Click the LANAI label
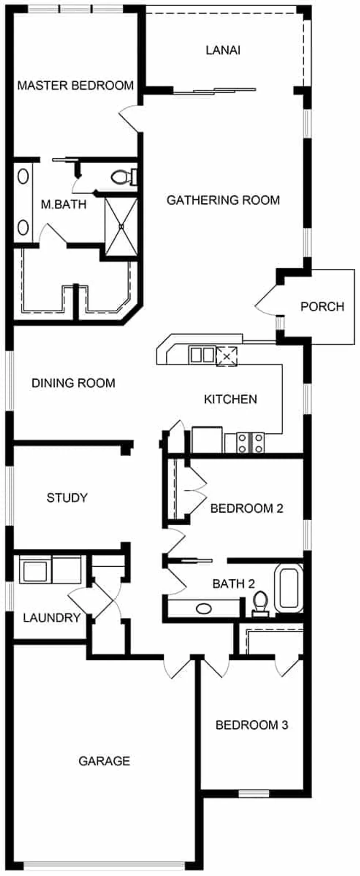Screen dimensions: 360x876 pyautogui.click(x=223, y=50)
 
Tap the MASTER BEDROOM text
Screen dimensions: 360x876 pyautogui.click(x=75, y=85)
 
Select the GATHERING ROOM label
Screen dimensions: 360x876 pyautogui.click(x=223, y=200)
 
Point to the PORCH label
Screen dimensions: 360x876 pyautogui.click(x=322, y=306)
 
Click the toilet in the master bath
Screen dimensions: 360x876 pyautogui.click(x=124, y=177)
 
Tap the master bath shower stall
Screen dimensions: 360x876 pyautogui.click(x=121, y=226)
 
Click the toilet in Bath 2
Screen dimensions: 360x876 pyautogui.click(x=261, y=604)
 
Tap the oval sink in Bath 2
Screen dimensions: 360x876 pyautogui.click(x=204, y=609)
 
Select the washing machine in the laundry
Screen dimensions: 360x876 pyautogui.click(x=35, y=570)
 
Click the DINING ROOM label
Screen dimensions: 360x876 pyautogui.click(x=73, y=383)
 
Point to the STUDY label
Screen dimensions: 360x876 pyautogui.click(x=67, y=498)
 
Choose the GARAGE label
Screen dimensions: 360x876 pyautogui.click(x=104, y=760)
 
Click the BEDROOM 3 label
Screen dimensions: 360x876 pyautogui.click(x=252, y=724)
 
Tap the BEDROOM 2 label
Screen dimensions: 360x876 pyautogui.click(x=247, y=509)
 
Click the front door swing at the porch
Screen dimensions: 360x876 pyautogui.click(x=265, y=300)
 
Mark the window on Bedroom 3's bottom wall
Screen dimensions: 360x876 pyautogui.click(x=254, y=793)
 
